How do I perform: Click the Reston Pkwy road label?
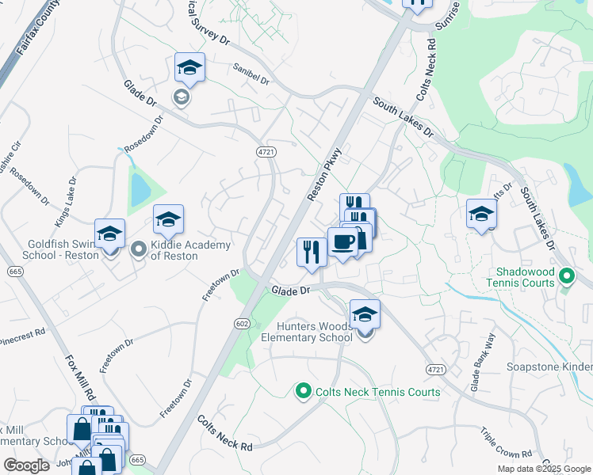325,173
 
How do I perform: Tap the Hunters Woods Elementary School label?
307,332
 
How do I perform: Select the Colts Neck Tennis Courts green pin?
302,391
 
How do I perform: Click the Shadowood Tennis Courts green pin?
566,277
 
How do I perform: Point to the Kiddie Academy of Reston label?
190,250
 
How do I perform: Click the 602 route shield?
242,323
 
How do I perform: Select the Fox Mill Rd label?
81,378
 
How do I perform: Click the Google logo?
26,465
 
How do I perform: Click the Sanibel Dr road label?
251,75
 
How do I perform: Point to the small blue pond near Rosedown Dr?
140,188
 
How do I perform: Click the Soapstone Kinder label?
549,367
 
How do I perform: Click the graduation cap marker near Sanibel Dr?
189,69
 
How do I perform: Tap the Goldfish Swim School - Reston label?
49,250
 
